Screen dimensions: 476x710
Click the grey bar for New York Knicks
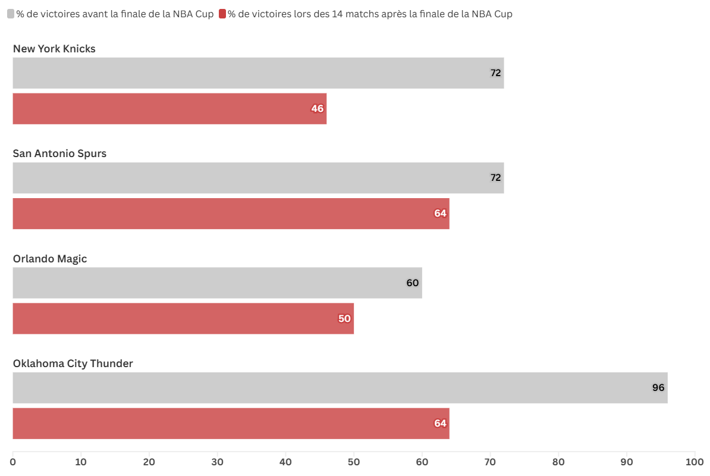[x=258, y=73]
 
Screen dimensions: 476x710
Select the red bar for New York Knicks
[x=169, y=109]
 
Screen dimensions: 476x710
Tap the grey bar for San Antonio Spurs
[x=258, y=178]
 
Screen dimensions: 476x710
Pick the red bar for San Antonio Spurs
[x=231, y=214]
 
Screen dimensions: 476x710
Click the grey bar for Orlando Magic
[x=217, y=283]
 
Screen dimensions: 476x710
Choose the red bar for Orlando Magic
[x=183, y=318]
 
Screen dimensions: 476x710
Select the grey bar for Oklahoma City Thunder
[x=340, y=388]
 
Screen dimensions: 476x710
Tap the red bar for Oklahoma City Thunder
[x=231, y=424]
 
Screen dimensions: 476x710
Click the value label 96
[x=658, y=388]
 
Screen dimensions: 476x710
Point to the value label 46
[x=318, y=109]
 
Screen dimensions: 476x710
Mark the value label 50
[x=345, y=318]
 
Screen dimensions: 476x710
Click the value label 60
[x=413, y=283]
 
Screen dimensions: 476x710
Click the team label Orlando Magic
[x=50, y=259]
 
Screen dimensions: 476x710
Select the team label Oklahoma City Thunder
[x=73, y=364]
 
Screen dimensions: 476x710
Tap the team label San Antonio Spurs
[x=59, y=154]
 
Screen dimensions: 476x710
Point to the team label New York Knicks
[x=54, y=49]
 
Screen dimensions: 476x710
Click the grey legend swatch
[x=11, y=14]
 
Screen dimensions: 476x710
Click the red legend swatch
[x=222, y=14]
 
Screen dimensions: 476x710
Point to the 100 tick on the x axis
[x=695, y=462]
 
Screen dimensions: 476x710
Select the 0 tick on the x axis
[x=13, y=462]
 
